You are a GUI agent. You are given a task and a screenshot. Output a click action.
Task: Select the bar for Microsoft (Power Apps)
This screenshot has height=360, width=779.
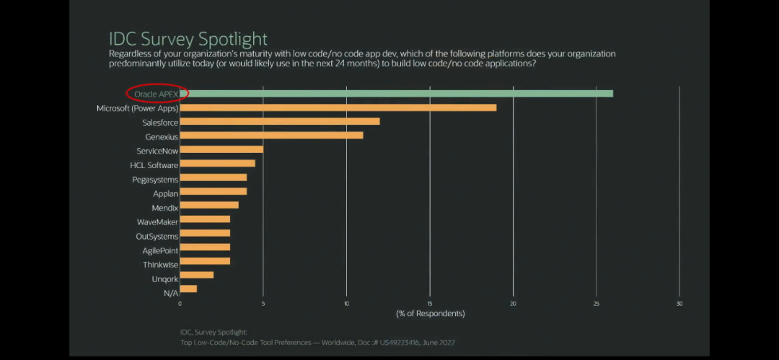pos(338,107)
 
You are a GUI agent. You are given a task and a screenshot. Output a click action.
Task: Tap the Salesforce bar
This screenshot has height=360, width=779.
pos(280,121)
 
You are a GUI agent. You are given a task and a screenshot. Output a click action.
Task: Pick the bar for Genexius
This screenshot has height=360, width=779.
pos(271,136)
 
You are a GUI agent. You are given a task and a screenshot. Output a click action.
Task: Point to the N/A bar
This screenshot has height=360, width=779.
pos(188,289)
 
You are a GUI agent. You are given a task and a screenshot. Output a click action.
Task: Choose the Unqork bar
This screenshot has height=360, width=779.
pos(197,275)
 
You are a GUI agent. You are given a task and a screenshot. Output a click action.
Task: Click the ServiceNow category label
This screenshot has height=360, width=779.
pos(157,151)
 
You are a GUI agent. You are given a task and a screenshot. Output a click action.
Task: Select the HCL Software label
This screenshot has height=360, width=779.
pos(154,165)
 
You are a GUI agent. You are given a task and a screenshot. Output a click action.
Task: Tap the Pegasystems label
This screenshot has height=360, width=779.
pos(154,179)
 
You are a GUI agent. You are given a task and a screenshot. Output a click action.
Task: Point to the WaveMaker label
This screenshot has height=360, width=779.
pos(157,221)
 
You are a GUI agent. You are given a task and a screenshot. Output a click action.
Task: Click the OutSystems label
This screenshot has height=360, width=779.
pos(157,236)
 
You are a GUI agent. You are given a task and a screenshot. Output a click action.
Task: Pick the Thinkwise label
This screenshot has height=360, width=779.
pos(160,265)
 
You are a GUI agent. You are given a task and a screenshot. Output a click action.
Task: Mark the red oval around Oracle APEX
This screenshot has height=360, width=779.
pos(157,93)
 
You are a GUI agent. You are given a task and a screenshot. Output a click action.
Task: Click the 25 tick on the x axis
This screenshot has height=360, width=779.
pos(597,303)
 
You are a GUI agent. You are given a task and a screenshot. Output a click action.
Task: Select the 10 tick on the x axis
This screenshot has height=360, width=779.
pos(346,303)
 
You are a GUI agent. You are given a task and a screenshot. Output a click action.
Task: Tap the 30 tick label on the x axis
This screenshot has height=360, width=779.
pos(679,303)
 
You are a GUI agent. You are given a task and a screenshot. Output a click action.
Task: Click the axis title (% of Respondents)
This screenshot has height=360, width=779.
pos(430,314)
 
